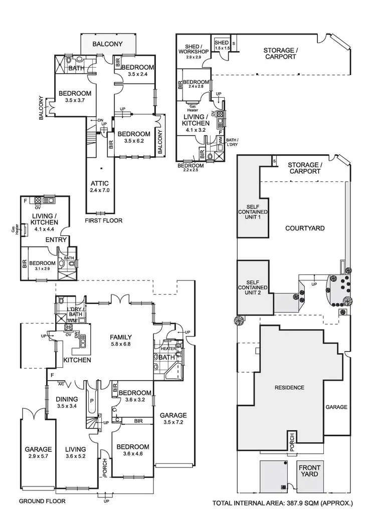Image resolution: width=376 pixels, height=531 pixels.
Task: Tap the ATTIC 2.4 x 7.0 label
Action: pyautogui.click(x=100, y=187)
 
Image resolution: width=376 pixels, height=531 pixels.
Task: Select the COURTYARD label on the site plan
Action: pyautogui.click(x=304, y=228)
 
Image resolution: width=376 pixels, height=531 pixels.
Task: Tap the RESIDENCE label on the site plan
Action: pyautogui.click(x=289, y=388)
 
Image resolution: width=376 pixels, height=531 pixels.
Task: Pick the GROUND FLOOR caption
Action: pyautogui.click(x=42, y=501)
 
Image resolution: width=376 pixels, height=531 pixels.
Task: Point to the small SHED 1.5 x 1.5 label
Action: pyautogui.click(x=221, y=46)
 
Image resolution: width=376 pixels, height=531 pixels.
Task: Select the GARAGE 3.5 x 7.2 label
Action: pyautogui.click(x=173, y=419)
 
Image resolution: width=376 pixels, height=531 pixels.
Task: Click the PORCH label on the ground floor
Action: pyautogui.click(x=105, y=467)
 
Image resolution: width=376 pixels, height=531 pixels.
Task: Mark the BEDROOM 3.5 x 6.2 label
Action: pyautogui.click(x=133, y=137)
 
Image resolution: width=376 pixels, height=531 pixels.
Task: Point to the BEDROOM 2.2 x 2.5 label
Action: pyautogui.click(x=190, y=168)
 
